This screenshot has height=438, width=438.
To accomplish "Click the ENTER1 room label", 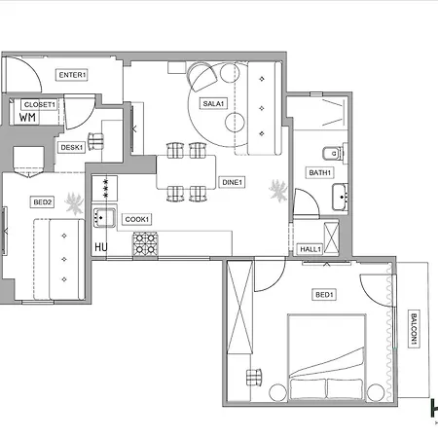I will coord(72,75).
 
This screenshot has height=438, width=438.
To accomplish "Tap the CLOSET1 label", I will coord(40,104).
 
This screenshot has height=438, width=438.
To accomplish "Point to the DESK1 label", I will coord(71,147).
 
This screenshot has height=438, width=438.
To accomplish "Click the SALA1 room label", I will coord(213,103).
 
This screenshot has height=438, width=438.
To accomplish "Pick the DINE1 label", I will coord(232,182).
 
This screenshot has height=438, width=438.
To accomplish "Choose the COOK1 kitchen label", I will coord(137,219).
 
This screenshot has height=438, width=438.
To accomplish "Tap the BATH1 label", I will coord(320,172).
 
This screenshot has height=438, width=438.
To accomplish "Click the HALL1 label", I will coord(311,249).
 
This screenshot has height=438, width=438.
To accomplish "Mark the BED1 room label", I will coord(324,295).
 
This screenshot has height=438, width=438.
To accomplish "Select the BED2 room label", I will coord(42,202).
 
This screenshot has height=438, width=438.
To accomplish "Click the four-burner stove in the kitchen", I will coord(145,244).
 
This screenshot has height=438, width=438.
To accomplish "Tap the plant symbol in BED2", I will coord(72,203).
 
